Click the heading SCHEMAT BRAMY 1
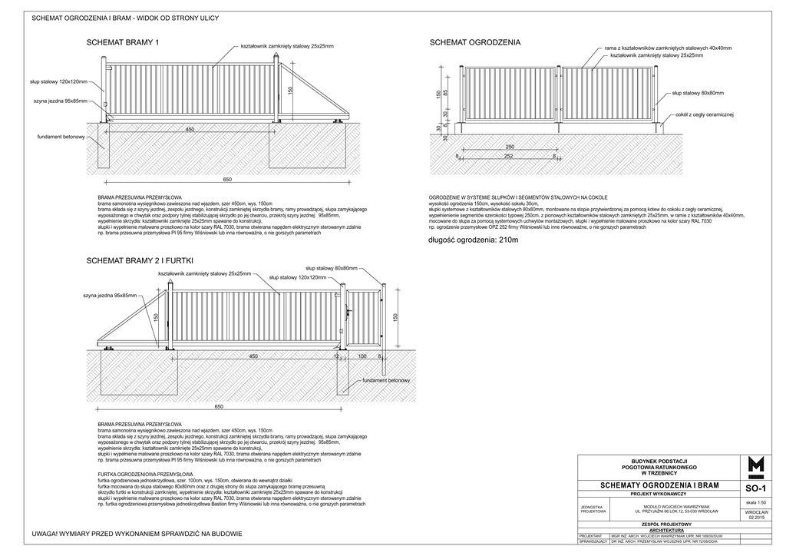124,43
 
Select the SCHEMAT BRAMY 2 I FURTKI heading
138,261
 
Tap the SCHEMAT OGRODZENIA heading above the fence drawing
474,43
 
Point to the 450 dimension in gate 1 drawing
190,130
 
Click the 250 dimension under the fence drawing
509,147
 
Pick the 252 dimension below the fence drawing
509,156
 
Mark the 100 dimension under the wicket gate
361,356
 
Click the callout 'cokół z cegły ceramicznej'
705,114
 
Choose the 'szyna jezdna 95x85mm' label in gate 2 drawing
109,296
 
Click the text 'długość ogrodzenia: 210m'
474,240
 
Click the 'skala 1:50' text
756,502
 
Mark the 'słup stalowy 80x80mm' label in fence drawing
698,93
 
